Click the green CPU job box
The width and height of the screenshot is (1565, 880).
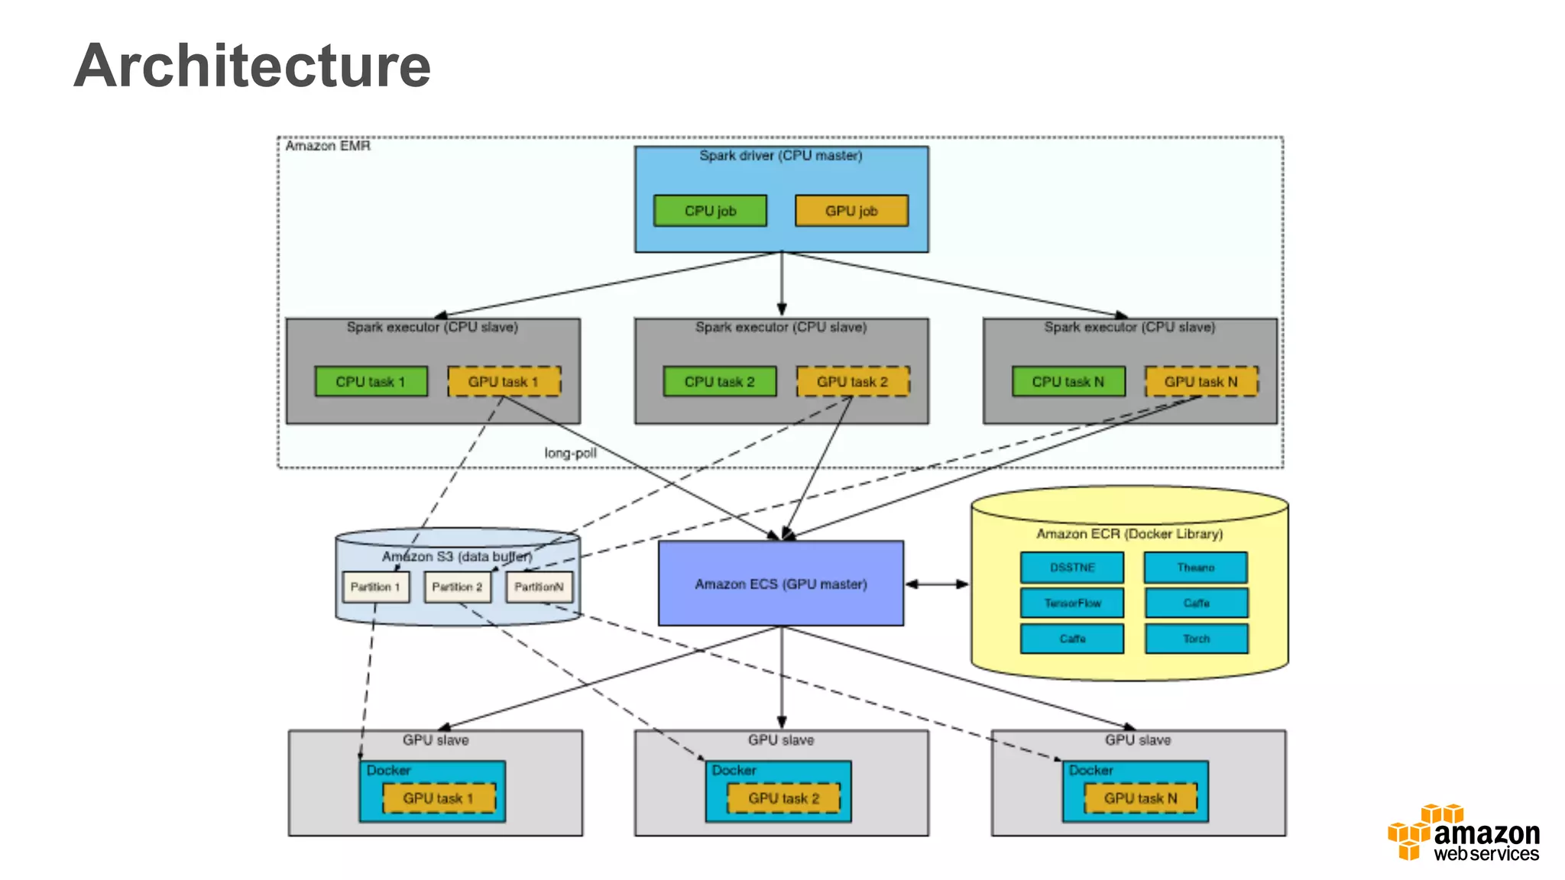click(710, 211)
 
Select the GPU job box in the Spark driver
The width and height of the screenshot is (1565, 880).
click(851, 211)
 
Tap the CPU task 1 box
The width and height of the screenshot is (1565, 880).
click(371, 381)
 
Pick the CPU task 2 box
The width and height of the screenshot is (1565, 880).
click(719, 381)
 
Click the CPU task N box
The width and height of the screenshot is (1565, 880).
click(1068, 381)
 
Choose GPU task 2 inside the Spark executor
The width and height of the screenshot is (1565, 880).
click(853, 381)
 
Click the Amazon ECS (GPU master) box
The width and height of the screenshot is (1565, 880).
click(780, 584)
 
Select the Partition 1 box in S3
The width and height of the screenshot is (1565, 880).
click(375, 587)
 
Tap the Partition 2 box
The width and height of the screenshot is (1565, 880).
click(457, 587)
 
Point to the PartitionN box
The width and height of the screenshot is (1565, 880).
click(539, 587)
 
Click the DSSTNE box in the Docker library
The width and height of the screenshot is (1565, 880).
click(1071, 568)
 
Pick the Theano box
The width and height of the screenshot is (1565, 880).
click(1195, 568)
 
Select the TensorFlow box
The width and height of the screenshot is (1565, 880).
click(1071, 603)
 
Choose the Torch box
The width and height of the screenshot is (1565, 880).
click(1196, 639)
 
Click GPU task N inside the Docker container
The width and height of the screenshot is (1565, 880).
click(1140, 798)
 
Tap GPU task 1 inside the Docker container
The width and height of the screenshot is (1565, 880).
click(439, 798)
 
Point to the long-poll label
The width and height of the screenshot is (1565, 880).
click(570, 453)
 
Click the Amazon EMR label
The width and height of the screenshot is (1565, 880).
click(328, 146)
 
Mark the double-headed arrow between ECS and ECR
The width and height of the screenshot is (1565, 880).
click(937, 584)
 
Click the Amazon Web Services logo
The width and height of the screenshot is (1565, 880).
click(1463, 833)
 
